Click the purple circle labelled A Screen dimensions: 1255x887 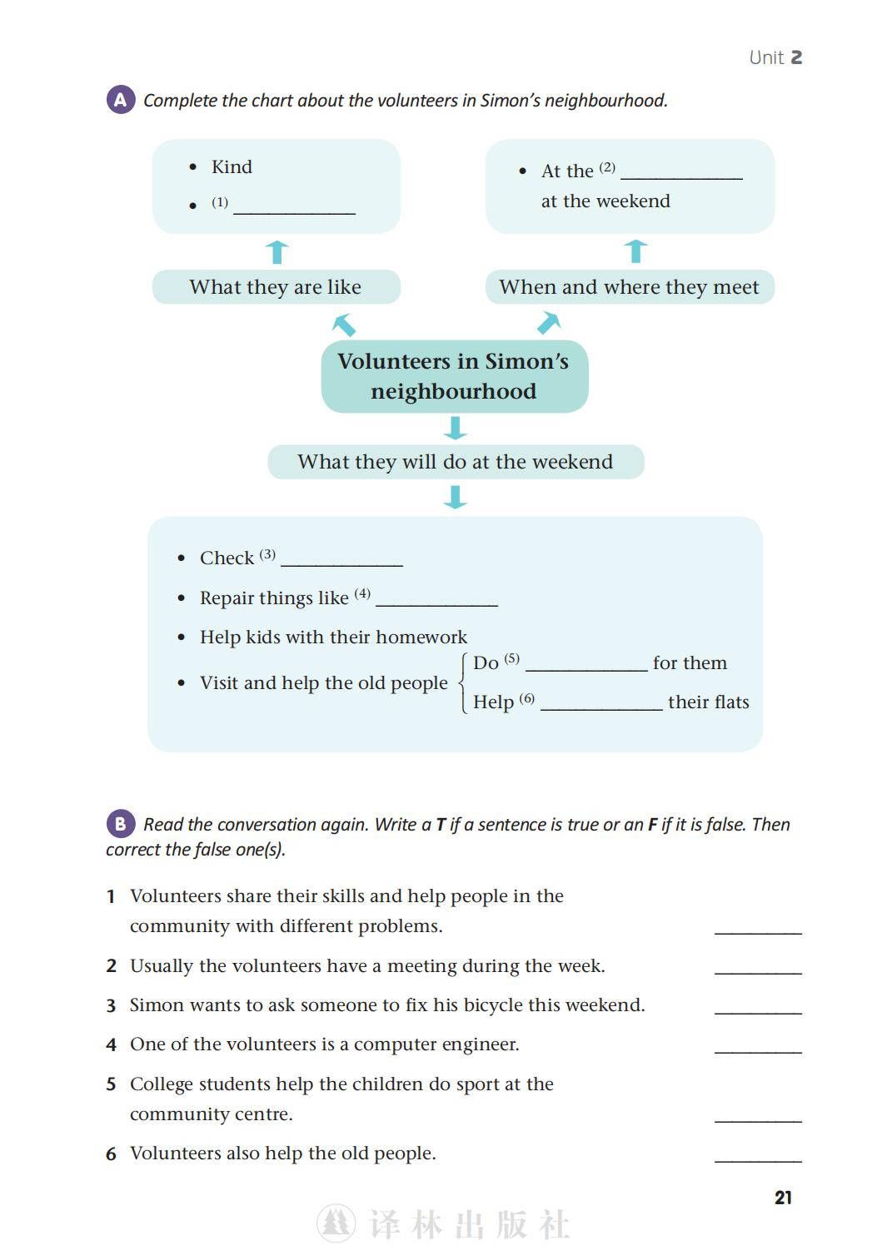click(120, 100)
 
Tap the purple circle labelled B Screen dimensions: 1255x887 click(120, 824)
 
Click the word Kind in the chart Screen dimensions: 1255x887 click(232, 166)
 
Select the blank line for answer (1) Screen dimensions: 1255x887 click(294, 209)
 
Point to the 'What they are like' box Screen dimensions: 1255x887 click(276, 287)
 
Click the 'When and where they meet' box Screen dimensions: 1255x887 click(629, 287)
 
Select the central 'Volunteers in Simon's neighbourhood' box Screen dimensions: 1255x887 click(454, 376)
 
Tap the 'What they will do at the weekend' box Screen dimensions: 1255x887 click(455, 462)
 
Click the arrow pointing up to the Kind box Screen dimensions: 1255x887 click(277, 251)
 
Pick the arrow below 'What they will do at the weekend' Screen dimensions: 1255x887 click(455, 497)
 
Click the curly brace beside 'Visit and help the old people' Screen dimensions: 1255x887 click(463, 682)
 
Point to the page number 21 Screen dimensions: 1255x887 click(783, 1198)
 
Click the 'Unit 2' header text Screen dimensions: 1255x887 click(775, 57)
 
